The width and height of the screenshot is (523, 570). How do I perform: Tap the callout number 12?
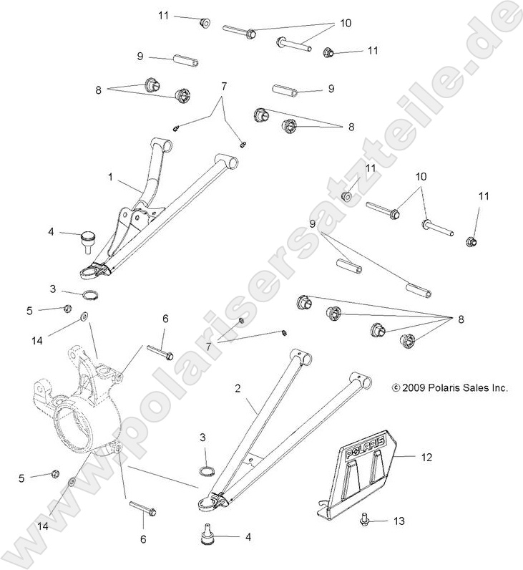[x=426, y=455]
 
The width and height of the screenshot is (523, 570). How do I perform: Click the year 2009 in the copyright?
[x=414, y=387]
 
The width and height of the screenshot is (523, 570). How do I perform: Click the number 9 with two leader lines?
[x=313, y=224]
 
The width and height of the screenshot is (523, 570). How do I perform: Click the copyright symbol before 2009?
[x=395, y=387]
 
